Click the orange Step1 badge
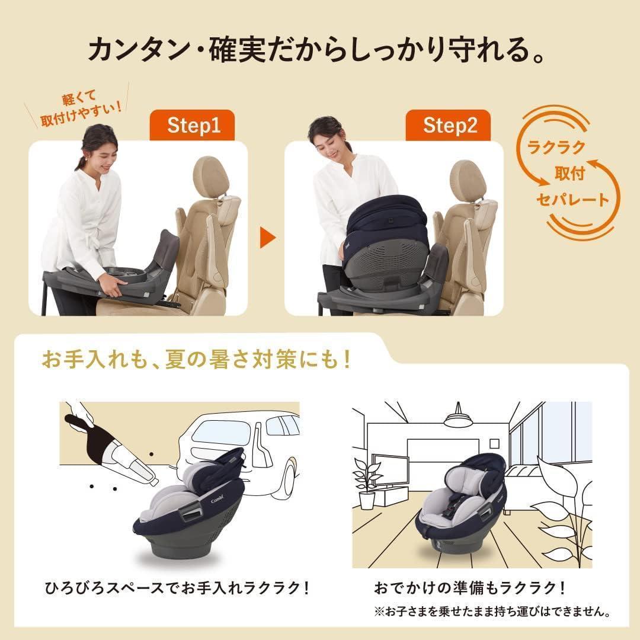193,126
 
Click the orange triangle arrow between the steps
268,238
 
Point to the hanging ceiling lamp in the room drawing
459,418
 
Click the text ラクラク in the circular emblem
552,147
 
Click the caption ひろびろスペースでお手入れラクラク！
177,588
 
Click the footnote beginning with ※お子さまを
492,610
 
